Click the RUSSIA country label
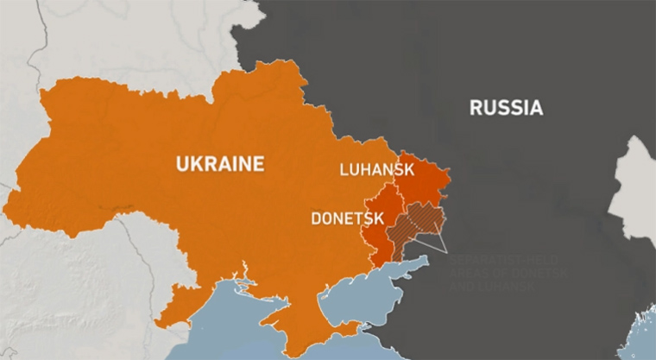(506, 108)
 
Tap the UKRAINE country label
(219, 163)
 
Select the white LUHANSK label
(378, 169)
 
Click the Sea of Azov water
(363, 285)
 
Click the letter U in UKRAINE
(182, 163)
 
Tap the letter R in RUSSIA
(476, 108)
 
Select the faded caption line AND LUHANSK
(492, 285)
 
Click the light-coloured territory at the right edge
(634, 181)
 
